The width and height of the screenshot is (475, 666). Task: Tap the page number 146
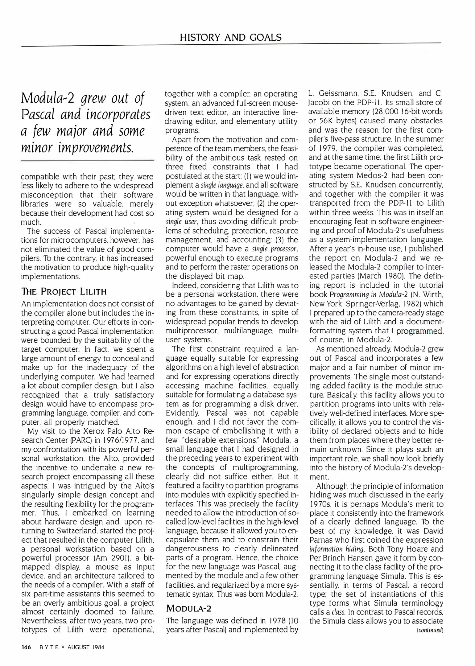26,647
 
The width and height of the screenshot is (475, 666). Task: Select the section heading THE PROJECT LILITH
64,291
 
